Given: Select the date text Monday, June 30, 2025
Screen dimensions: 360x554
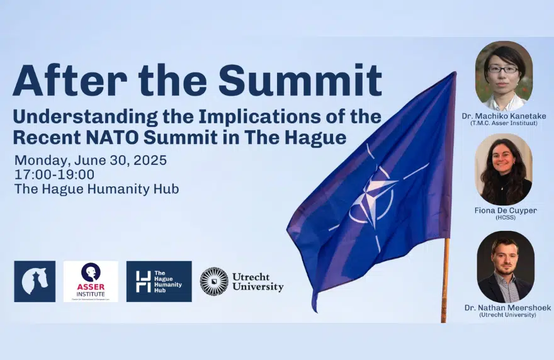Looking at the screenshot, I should point(91,160).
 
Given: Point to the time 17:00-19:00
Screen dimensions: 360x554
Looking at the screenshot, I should point(54,174).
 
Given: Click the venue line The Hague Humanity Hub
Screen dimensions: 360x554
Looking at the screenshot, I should point(96,189).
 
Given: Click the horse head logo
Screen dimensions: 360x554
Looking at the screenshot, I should point(35,281).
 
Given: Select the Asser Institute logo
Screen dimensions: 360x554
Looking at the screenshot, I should point(90,281).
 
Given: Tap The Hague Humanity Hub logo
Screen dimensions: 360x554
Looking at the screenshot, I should point(159,281).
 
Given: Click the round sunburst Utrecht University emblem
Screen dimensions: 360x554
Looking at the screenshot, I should point(214,281).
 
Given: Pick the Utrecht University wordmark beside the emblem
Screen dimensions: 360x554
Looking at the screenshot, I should point(257,281).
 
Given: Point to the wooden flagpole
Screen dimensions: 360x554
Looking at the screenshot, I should point(445,277).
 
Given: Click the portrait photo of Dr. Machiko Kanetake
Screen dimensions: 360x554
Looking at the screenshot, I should point(503,75).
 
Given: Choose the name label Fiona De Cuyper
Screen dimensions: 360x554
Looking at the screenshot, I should point(506,210).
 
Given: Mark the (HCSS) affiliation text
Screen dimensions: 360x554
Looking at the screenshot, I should point(506,218).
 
